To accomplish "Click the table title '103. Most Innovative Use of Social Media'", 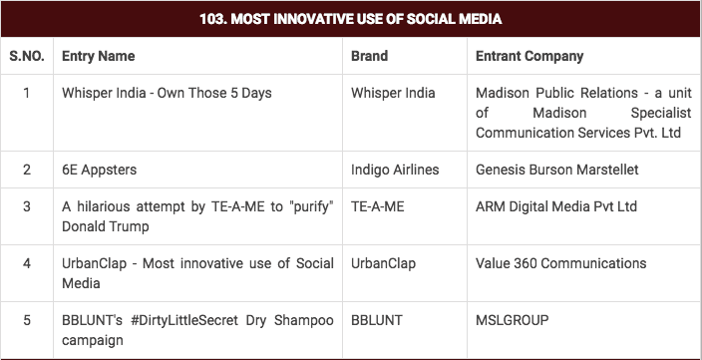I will [x=351, y=19].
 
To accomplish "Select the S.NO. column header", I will [x=27, y=57].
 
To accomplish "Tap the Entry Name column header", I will [x=98, y=57].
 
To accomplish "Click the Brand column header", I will [x=369, y=57].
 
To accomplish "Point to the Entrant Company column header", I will [x=529, y=57].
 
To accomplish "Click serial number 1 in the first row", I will [x=27, y=94].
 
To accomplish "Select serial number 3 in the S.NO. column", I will [x=27, y=207].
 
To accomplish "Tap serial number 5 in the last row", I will [x=27, y=321].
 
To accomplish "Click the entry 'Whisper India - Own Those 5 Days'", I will [x=167, y=94].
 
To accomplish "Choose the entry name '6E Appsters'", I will [x=100, y=170].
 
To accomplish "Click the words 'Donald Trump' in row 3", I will [x=105, y=226].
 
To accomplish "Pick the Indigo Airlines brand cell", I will [x=395, y=170].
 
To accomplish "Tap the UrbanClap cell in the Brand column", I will [x=384, y=264].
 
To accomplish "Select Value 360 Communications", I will [x=561, y=264].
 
